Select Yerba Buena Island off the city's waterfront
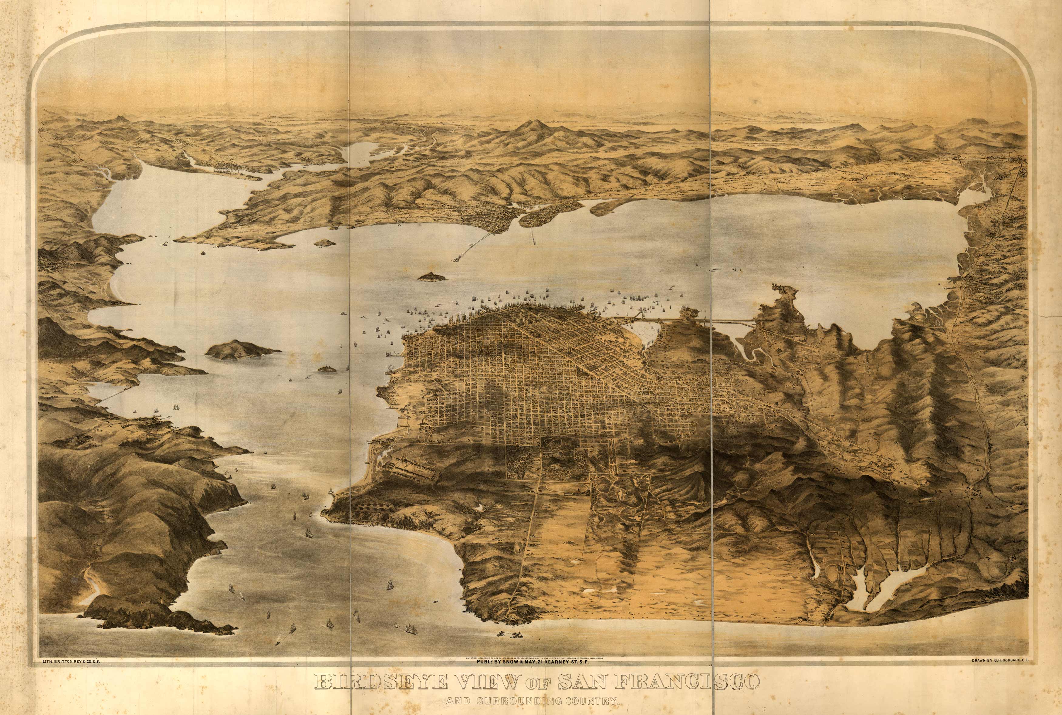click(x=431, y=276)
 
